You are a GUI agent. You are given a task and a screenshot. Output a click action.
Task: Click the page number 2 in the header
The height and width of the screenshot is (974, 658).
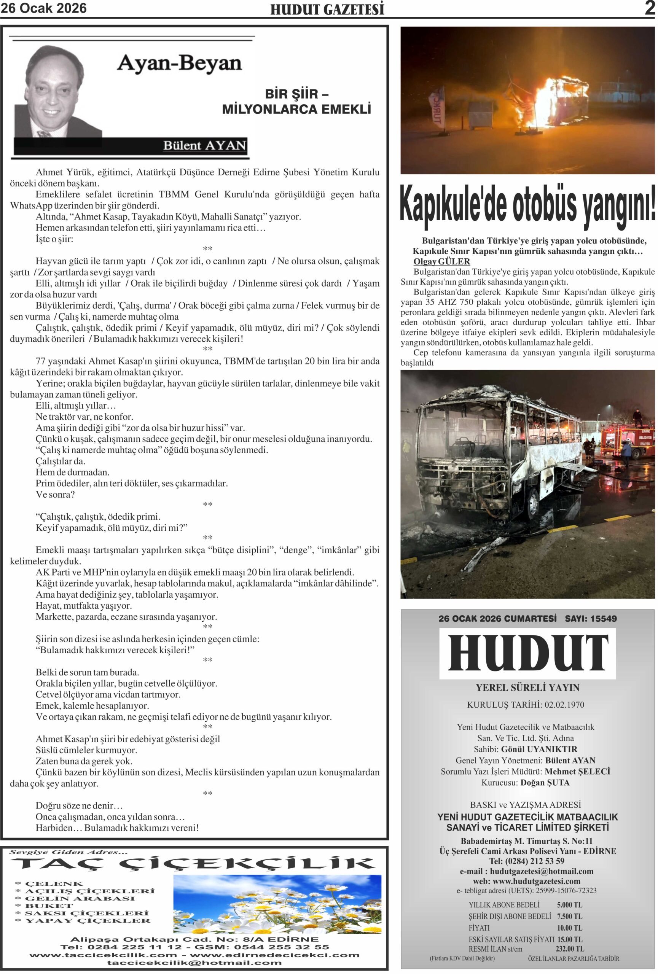(649, 8)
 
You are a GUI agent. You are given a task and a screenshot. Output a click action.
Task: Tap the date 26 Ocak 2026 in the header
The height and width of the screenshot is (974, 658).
(44, 8)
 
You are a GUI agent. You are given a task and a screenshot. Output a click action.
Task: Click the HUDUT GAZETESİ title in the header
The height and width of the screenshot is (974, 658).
(327, 9)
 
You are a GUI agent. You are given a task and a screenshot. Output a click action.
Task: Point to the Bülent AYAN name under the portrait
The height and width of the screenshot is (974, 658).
(204, 145)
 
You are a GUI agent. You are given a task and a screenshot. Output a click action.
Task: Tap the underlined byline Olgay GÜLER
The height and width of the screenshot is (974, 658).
(441, 261)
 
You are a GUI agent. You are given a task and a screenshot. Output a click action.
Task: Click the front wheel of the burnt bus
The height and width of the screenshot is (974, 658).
(532, 503)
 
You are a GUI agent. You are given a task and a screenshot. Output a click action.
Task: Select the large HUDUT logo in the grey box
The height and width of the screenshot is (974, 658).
(527, 653)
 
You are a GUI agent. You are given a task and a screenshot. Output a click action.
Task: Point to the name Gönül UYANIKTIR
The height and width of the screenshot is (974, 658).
(539, 749)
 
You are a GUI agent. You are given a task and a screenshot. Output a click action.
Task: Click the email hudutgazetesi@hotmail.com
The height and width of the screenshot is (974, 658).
(542, 871)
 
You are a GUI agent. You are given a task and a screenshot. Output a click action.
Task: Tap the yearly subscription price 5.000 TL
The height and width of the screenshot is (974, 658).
(569, 905)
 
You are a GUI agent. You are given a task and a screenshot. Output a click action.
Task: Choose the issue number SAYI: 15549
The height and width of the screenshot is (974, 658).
(591, 619)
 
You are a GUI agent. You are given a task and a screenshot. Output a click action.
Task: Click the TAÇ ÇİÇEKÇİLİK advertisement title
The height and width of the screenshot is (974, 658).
(192, 864)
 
